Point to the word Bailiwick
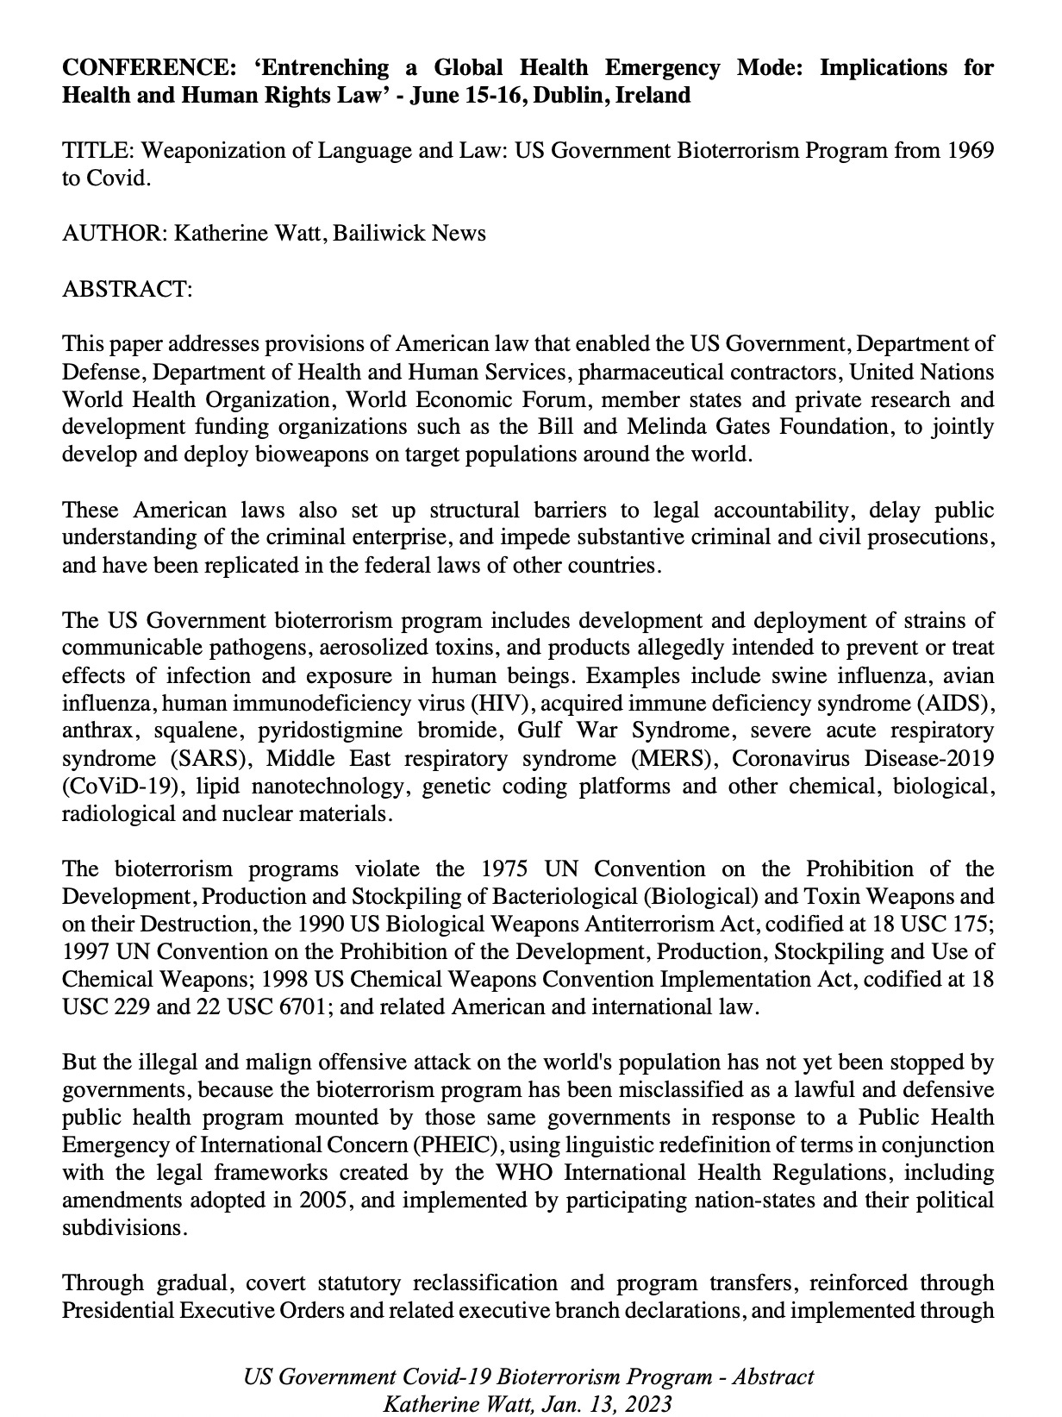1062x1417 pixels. point(381,233)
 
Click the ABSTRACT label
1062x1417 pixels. point(127,288)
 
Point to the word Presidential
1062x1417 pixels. point(117,1310)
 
